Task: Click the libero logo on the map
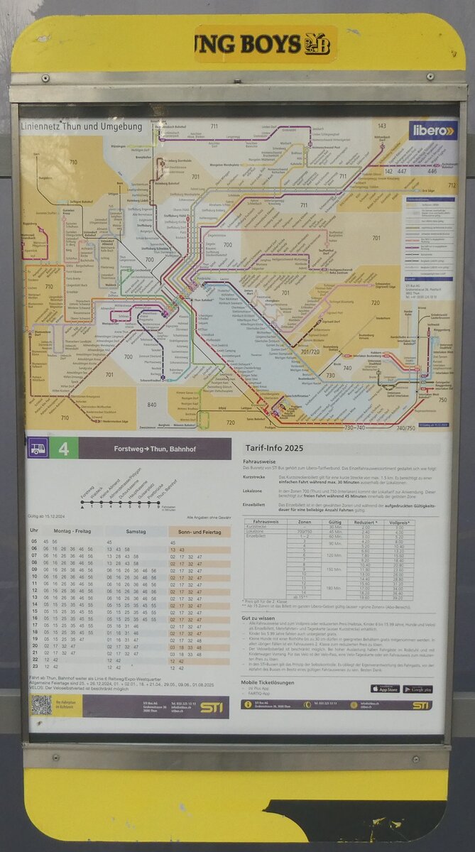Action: coord(432,130)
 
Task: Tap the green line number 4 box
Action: coord(64,449)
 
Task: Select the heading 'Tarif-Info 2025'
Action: coord(273,449)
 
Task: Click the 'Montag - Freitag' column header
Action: coord(75,531)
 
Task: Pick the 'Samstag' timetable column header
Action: coord(136,531)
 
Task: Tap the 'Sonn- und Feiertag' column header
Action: coord(200,531)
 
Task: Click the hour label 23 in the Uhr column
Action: coord(34,668)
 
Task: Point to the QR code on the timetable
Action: coord(41,705)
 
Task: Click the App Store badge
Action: coord(385,689)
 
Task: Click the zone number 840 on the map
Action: coord(151,405)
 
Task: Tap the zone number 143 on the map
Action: coord(382,126)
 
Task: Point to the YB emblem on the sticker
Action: coord(317,43)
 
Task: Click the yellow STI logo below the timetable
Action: coord(211,707)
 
